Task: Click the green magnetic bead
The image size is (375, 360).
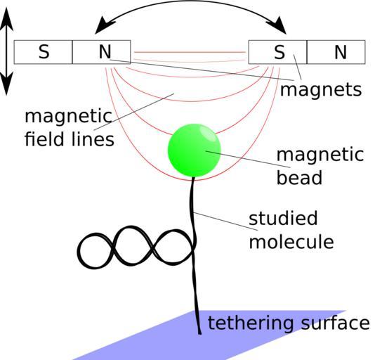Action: [x=195, y=150]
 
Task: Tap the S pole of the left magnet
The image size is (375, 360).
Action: [x=43, y=52]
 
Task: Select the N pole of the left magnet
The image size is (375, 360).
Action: [x=101, y=52]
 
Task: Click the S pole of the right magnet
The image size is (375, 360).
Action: [x=277, y=52]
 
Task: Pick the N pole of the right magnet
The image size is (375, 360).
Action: [x=336, y=52]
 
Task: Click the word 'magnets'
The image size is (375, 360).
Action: [x=321, y=90]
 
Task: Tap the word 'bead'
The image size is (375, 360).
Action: [x=299, y=176]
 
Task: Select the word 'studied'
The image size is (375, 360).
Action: [x=283, y=218]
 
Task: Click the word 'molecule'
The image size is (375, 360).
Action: [x=291, y=241]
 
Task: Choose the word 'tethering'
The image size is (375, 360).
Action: [x=251, y=323]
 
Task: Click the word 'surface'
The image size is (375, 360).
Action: [x=335, y=323]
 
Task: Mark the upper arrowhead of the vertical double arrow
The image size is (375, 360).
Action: [x=6, y=18]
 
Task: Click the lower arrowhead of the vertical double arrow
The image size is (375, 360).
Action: [x=6, y=84]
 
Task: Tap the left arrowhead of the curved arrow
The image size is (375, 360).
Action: [x=103, y=25]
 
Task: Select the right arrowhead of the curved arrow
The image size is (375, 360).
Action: [x=277, y=25]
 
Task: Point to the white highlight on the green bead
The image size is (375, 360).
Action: [x=208, y=133]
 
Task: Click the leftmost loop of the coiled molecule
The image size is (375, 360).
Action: [x=95, y=250]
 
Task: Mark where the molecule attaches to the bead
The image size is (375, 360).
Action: [x=193, y=177]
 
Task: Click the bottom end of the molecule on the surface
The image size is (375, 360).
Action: [x=199, y=333]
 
